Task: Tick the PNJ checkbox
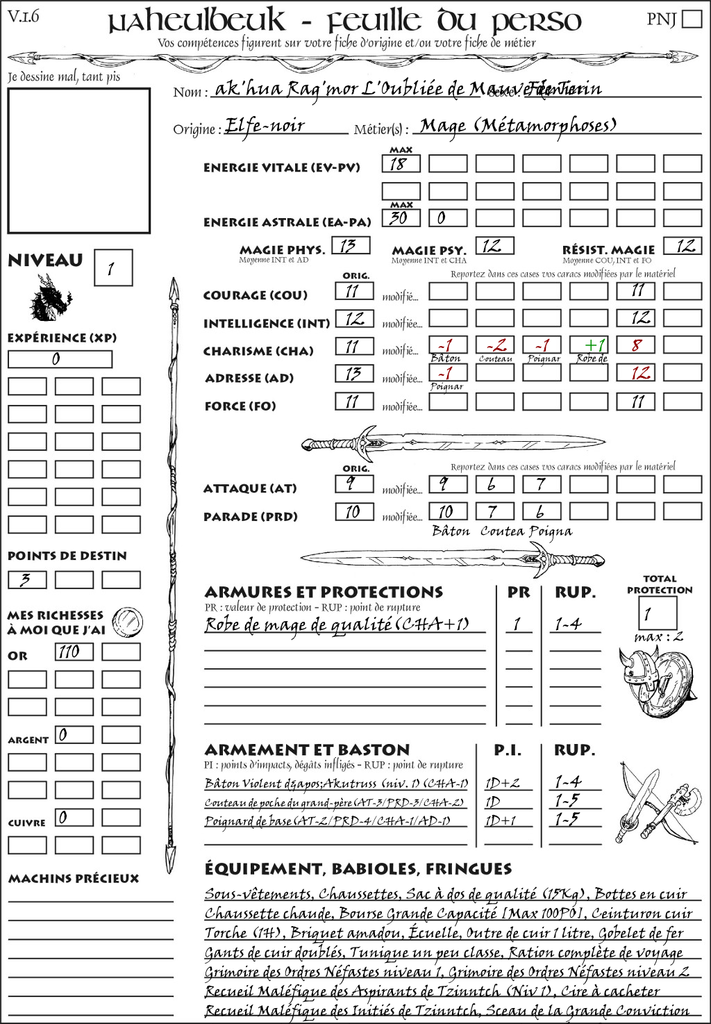[x=692, y=18]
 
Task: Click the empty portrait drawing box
[x=78, y=160]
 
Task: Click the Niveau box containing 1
[x=112, y=267]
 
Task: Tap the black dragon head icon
[x=51, y=298]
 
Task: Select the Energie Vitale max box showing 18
[x=401, y=164]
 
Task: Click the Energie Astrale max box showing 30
[x=401, y=217]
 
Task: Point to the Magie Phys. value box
[x=351, y=245]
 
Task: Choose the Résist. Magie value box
[x=683, y=245]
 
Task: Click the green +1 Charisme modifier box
[x=589, y=345]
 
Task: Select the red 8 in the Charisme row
[x=636, y=345]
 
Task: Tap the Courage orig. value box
[x=354, y=291]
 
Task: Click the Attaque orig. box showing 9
[x=354, y=484]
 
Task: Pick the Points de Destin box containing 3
[x=27, y=579]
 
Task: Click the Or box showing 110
[x=74, y=652]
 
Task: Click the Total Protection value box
[x=657, y=613]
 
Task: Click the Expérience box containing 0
[x=60, y=359]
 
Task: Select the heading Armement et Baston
[x=307, y=750]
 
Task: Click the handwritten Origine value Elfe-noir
[x=266, y=126]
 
